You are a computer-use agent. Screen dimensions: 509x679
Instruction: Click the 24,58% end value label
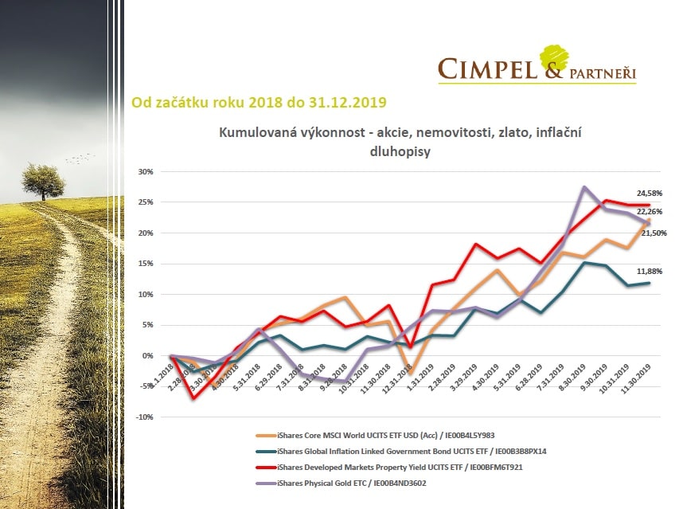[649, 193]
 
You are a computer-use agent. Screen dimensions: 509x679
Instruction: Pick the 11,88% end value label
[649, 271]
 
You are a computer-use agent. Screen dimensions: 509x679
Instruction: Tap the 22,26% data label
[649, 210]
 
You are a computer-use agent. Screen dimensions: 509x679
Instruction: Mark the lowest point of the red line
[193, 397]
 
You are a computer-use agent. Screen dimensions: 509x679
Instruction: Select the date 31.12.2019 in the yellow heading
[350, 102]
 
